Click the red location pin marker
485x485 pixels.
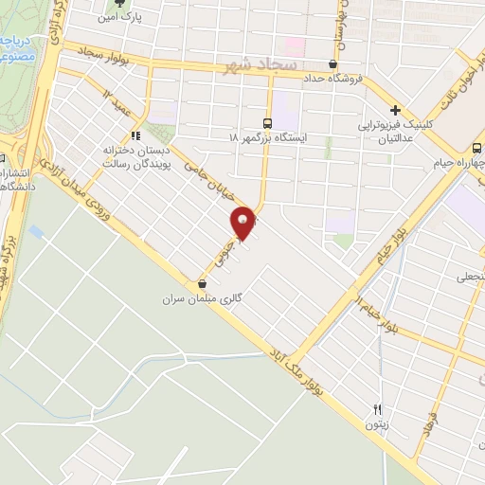243,221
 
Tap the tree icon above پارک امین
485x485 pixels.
119,4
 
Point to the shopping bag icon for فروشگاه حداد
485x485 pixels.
332,65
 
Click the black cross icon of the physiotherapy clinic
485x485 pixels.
397,110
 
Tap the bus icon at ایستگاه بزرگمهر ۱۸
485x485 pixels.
267,123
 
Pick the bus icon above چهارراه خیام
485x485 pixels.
476,148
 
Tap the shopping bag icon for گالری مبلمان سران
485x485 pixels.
202,284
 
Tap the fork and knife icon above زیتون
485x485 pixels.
377,410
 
